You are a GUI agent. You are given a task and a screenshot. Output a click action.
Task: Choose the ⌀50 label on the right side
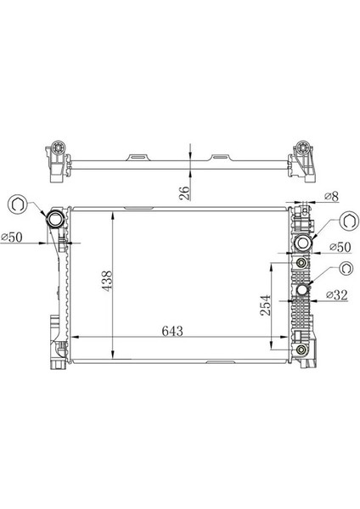click(338, 247)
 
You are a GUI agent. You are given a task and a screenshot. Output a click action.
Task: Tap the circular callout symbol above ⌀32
click(346, 269)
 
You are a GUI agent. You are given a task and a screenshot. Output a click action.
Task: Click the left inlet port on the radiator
click(56, 221)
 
